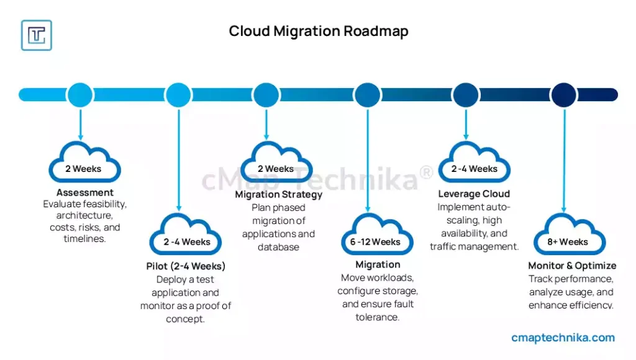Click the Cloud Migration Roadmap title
point(319,31)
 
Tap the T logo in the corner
point(37,35)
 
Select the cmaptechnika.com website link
point(563,338)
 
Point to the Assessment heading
point(85,192)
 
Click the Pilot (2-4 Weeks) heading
point(186,266)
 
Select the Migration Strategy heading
point(279,195)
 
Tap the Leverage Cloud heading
point(474,194)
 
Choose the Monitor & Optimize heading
point(572,266)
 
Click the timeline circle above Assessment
point(79,94)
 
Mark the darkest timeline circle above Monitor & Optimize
point(564,94)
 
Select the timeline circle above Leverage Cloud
point(466,94)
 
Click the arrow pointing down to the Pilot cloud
point(179,161)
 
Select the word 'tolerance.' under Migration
point(378,317)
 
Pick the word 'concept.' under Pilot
point(186,319)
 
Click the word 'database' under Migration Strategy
point(278,247)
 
